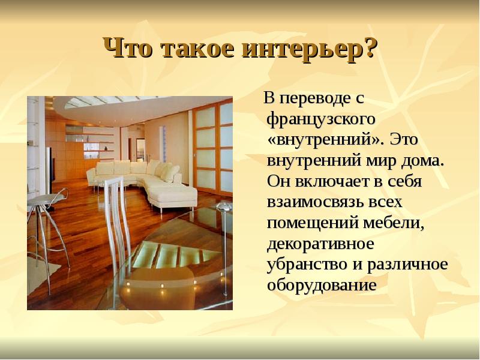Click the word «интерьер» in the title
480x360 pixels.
coord(301,49)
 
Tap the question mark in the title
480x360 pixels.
coord(368,47)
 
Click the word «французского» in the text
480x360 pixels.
coord(321,119)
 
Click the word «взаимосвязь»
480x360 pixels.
coord(316,202)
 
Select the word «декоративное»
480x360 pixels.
coord(320,244)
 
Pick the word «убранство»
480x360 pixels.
coord(307,264)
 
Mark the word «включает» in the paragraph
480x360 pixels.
coord(333,182)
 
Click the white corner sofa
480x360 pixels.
coord(144,183)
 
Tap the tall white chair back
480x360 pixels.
coord(117,220)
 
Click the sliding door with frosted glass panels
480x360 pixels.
coord(212,149)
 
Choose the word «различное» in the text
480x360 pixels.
coord(407,265)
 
